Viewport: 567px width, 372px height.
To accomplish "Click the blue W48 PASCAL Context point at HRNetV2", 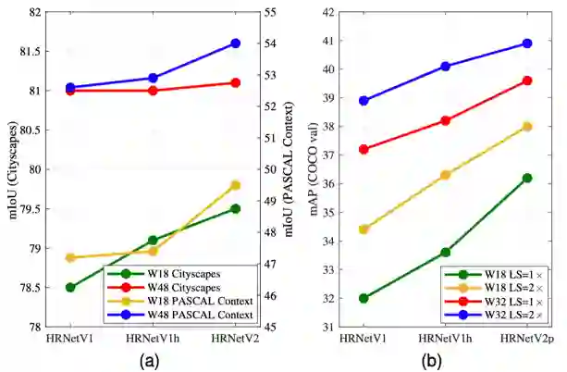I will click(x=235, y=43).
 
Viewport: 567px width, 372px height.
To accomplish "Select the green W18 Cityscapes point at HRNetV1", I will click(x=70, y=287).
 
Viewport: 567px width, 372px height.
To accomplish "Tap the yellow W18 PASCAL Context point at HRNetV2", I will click(x=235, y=185).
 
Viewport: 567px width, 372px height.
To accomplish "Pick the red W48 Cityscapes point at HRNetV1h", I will click(x=153, y=91).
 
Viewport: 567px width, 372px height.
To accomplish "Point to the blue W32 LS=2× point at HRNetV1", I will click(x=364, y=101).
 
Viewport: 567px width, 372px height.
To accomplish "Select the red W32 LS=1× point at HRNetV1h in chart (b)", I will click(x=446, y=120).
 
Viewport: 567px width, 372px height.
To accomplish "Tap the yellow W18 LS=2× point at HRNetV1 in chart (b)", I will click(x=364, y=229).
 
